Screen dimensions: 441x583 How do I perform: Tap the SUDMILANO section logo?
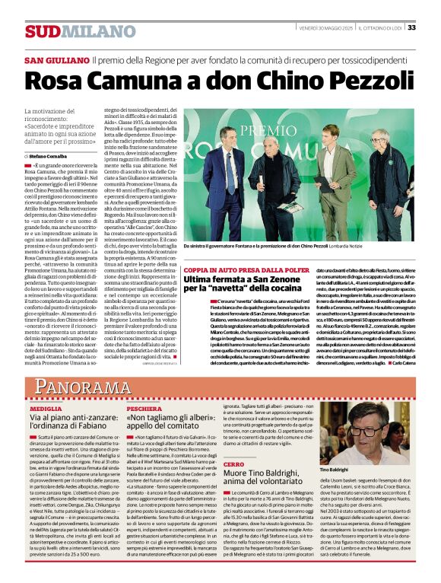69,31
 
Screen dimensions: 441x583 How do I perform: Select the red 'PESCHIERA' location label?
144,409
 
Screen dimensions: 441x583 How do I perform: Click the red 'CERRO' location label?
234,464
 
